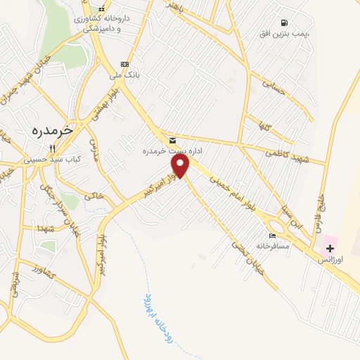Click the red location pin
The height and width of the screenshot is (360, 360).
click(x=181, y=166)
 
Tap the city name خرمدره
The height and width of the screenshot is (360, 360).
click(x=53, y=130)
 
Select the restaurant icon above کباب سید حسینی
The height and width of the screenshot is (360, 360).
click(x=52, y=148)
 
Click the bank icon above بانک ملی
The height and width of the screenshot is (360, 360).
click(x=125, y=64)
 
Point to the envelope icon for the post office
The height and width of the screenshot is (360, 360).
click(x=172, y=141)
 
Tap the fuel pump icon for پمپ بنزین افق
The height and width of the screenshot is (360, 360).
click(x=284, y=22)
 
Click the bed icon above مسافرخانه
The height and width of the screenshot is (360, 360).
click(x=272, y=236)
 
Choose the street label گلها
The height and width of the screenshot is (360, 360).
click(x=265, y=128)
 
